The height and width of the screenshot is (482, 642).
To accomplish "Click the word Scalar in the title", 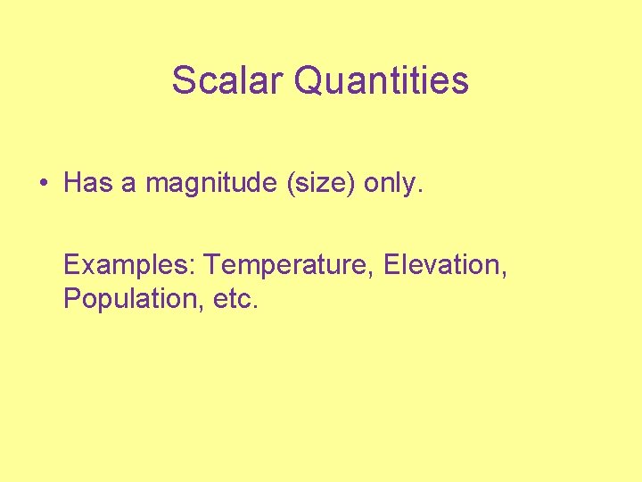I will (x=227, y=80).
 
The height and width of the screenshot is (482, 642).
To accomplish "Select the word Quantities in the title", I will (x=381, y=80).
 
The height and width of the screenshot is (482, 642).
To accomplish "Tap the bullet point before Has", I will (x=42, y=184).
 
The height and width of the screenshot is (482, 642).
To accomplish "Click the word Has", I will (x=86, y=184).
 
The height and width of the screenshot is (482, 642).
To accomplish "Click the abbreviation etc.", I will (x=235, y=299).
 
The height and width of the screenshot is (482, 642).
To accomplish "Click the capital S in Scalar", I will (x=183, y=80).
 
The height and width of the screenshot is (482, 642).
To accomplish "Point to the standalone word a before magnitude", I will (x=128, y=186).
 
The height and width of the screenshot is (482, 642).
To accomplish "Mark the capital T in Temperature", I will (x=213, y=265).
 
